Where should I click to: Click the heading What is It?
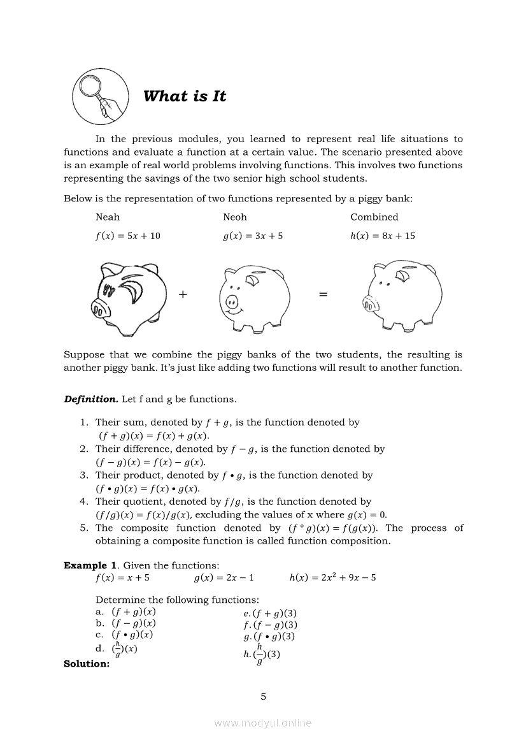coord(185,96)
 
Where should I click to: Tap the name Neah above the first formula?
coord(108,217)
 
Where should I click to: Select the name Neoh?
coord(235,217)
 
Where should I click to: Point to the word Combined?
coord(374,217)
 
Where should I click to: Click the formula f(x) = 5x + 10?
coord(128,236)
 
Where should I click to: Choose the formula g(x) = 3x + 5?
coord(253,236)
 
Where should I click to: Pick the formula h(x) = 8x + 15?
coord(383,236)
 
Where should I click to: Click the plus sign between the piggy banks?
coord(183,294)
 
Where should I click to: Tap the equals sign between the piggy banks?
coord(323,294)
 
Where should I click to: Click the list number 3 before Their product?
coord(83,475)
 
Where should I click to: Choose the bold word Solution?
coord(87,664)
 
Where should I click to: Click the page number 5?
coord(263,697)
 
